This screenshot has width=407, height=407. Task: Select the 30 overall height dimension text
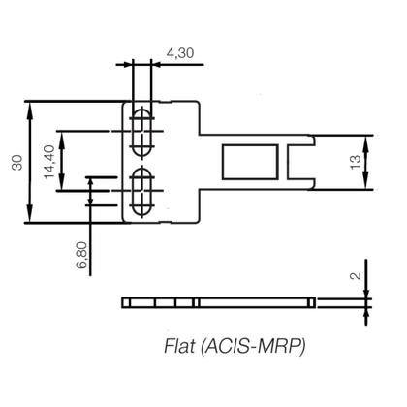coord(16,161)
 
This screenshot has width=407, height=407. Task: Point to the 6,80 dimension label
coord(82,254)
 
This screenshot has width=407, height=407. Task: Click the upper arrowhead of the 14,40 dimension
coord(63,135)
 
